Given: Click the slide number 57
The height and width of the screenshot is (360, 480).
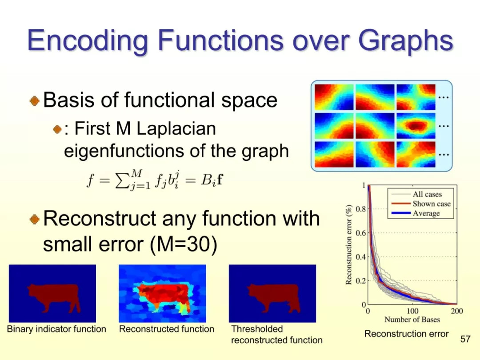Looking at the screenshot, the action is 465,339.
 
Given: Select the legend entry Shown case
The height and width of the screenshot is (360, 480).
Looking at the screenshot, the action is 431,204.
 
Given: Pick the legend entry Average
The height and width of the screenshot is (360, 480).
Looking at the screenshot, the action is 426,213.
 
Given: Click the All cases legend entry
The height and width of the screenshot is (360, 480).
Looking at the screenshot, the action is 427,194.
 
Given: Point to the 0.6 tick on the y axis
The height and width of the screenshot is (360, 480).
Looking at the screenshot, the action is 360,233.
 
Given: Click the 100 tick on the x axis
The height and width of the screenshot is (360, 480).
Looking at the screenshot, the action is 412,311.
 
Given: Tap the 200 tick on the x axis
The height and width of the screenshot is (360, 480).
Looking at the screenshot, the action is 457,311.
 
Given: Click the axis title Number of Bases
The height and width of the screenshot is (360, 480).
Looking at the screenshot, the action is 412,320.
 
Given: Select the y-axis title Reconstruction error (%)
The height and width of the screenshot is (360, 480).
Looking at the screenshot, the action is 348,244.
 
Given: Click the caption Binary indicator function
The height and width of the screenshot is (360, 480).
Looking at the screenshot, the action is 56,329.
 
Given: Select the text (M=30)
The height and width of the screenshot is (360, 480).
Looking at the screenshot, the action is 184,244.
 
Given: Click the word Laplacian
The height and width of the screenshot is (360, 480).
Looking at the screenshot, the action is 176,128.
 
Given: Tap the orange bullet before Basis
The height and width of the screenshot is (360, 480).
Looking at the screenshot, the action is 35,100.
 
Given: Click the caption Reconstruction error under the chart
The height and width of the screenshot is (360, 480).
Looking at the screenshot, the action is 406,334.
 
